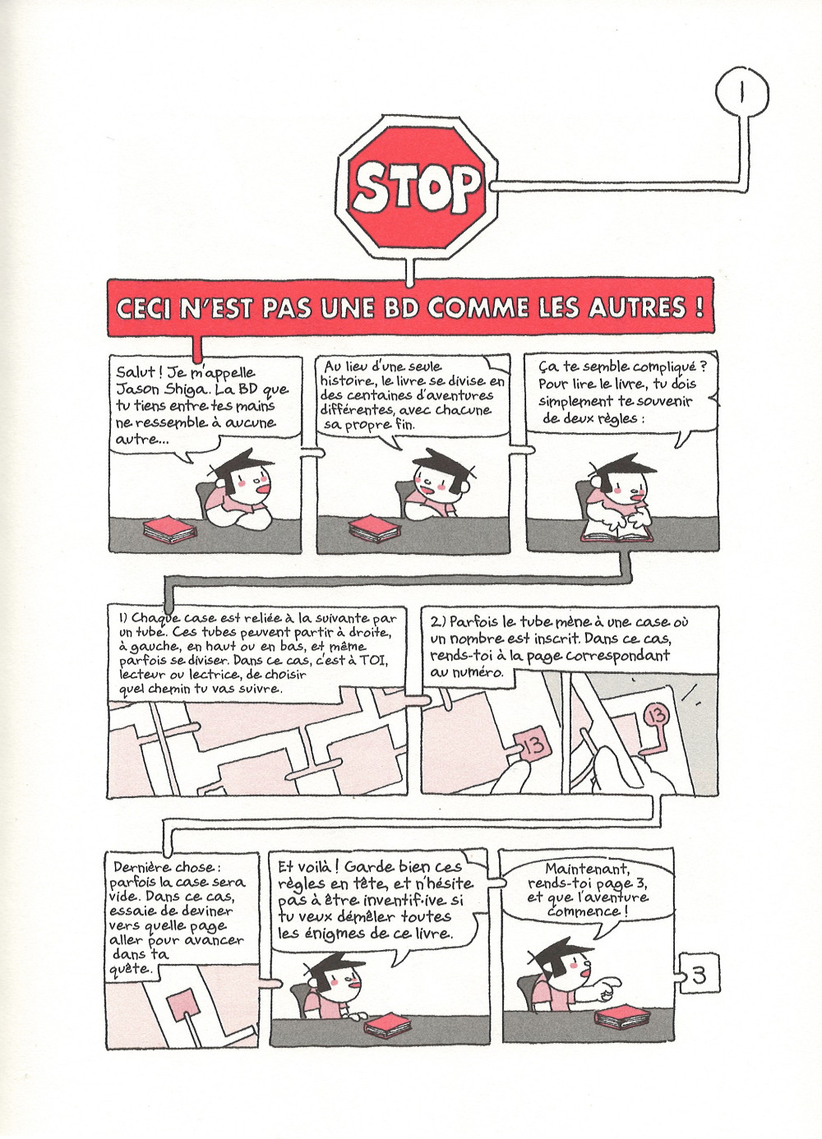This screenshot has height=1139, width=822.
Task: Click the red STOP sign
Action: tap(417, 187)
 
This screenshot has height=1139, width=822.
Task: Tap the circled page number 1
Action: tap(742, 93)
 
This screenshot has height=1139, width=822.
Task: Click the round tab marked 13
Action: tap(657, 717)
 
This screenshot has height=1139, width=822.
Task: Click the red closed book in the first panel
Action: tap(169, 529)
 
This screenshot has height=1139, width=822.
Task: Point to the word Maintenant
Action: tap(588, 869)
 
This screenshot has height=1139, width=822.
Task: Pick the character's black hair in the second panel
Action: tap(437, 459)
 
